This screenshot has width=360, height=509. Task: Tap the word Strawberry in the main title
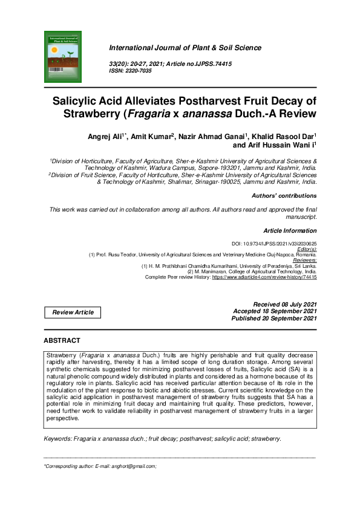[x=90, y=113]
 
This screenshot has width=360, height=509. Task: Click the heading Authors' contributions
[x=284, y=196]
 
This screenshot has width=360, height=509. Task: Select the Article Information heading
[x=290, y=231]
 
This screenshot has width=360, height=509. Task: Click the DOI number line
[x=275, y=244]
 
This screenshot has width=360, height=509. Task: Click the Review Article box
[x=73, y=313]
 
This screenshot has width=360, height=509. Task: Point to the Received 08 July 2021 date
[x=284, y=304]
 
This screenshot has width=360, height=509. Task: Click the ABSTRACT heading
[x=62, y=341]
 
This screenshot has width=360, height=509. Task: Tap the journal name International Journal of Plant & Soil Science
[x=185, y=48]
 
